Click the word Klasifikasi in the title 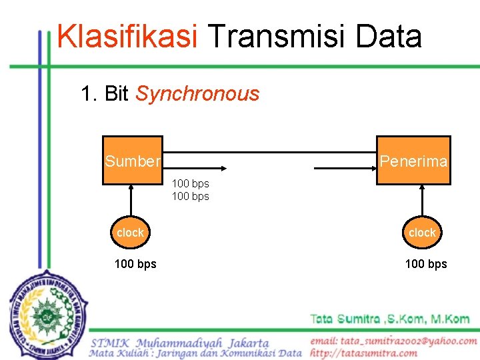127,37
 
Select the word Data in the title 389,37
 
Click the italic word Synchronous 197,94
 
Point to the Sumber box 132,160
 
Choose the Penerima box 413,160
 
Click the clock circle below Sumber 130,233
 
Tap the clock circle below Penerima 422,233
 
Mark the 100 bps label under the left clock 135,264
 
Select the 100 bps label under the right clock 426,264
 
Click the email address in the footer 393,341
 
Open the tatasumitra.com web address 363,353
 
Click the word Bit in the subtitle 117,94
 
